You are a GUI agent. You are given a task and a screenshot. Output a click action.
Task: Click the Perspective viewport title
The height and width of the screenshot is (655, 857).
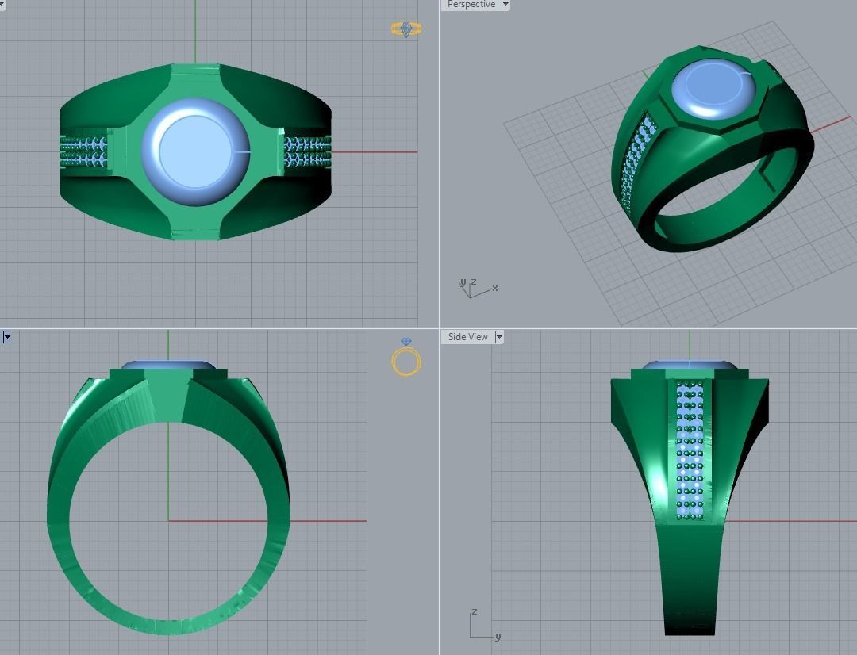(471, 5)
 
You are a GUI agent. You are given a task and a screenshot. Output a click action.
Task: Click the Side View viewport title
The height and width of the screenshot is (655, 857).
(467, 337)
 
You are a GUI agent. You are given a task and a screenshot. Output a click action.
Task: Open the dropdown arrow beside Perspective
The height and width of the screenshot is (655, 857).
(505, 5)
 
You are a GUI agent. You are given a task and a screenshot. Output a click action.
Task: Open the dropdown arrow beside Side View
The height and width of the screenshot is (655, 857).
(499, 337)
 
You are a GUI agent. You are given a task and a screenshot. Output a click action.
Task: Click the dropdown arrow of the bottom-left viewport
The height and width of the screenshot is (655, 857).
(6, 337)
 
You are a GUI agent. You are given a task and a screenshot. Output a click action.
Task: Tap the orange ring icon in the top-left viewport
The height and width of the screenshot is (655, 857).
(406, 29)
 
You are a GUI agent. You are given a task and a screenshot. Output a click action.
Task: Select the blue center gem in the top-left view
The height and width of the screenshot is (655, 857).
(194, 151)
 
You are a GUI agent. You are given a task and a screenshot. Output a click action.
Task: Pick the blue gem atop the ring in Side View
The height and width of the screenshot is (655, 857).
(689, 366)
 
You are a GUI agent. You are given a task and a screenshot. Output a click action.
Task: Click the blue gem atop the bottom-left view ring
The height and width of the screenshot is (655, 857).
(167, 366)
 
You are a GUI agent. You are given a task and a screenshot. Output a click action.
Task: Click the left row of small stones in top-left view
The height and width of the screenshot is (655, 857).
(85, 151)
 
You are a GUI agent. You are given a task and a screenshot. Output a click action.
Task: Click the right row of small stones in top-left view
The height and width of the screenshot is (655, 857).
(306, 151)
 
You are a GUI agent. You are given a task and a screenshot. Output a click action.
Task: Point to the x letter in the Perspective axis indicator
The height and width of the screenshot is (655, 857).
(495, 288)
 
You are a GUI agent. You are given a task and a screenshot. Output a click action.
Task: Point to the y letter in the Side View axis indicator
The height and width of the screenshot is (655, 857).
(498, 637)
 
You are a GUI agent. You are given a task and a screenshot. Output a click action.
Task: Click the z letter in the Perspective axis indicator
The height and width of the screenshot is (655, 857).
(474, 282)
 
